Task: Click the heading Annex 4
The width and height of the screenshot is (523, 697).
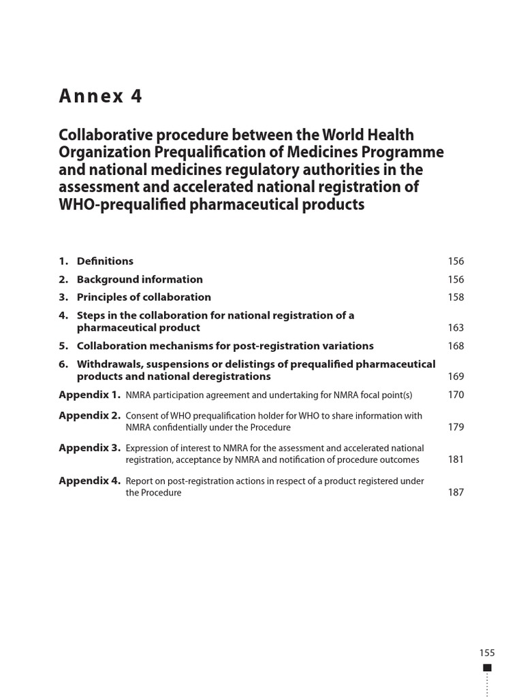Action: tap(101, 97)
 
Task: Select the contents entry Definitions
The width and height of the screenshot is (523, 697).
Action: tap(105, 261)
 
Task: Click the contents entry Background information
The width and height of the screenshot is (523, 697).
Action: tap(140, 279)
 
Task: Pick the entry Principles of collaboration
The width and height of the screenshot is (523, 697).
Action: tap(144, 297)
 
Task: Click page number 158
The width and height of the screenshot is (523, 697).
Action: tap(456, 297)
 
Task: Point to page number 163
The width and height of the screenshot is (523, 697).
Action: tap(456, 327)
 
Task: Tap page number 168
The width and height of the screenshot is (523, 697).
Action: tap(456, 346)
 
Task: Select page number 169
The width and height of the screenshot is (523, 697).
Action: tap(456, 376)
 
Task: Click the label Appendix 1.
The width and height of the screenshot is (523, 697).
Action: tap(90, 395)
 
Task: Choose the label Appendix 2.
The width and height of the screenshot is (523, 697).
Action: tap(90, 415)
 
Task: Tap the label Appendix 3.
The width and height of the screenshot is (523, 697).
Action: tap(90, 448)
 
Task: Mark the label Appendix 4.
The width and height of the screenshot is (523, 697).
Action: tap(90, 481)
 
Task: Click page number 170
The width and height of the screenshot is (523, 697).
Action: tap(456, 395)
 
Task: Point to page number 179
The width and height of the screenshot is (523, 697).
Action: tap(456, 427)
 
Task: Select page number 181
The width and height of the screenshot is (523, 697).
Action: tap(456, 459)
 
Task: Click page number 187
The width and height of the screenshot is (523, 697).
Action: tap(456, 492)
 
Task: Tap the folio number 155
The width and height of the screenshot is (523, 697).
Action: tap(487, 653)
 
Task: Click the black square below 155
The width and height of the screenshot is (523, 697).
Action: tap(487, 668)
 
